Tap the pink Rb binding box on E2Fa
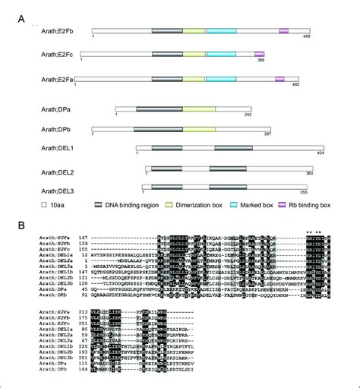click(x=279, y=78)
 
